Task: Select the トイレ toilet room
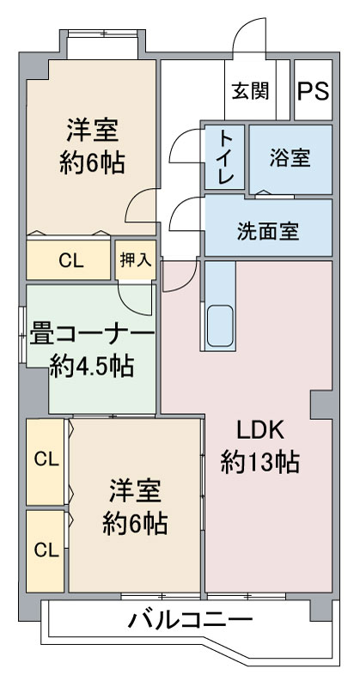click(x=225, y=157)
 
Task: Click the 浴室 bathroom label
click(x=290, y=159)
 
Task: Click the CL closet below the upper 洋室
click(x=70, y=261)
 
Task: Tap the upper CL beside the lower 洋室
click(x=46, y=459)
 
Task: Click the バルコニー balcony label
click(x=191, y=619)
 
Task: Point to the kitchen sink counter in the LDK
click(x=219, y=305)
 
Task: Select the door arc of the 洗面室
click(x=184, y=214)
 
